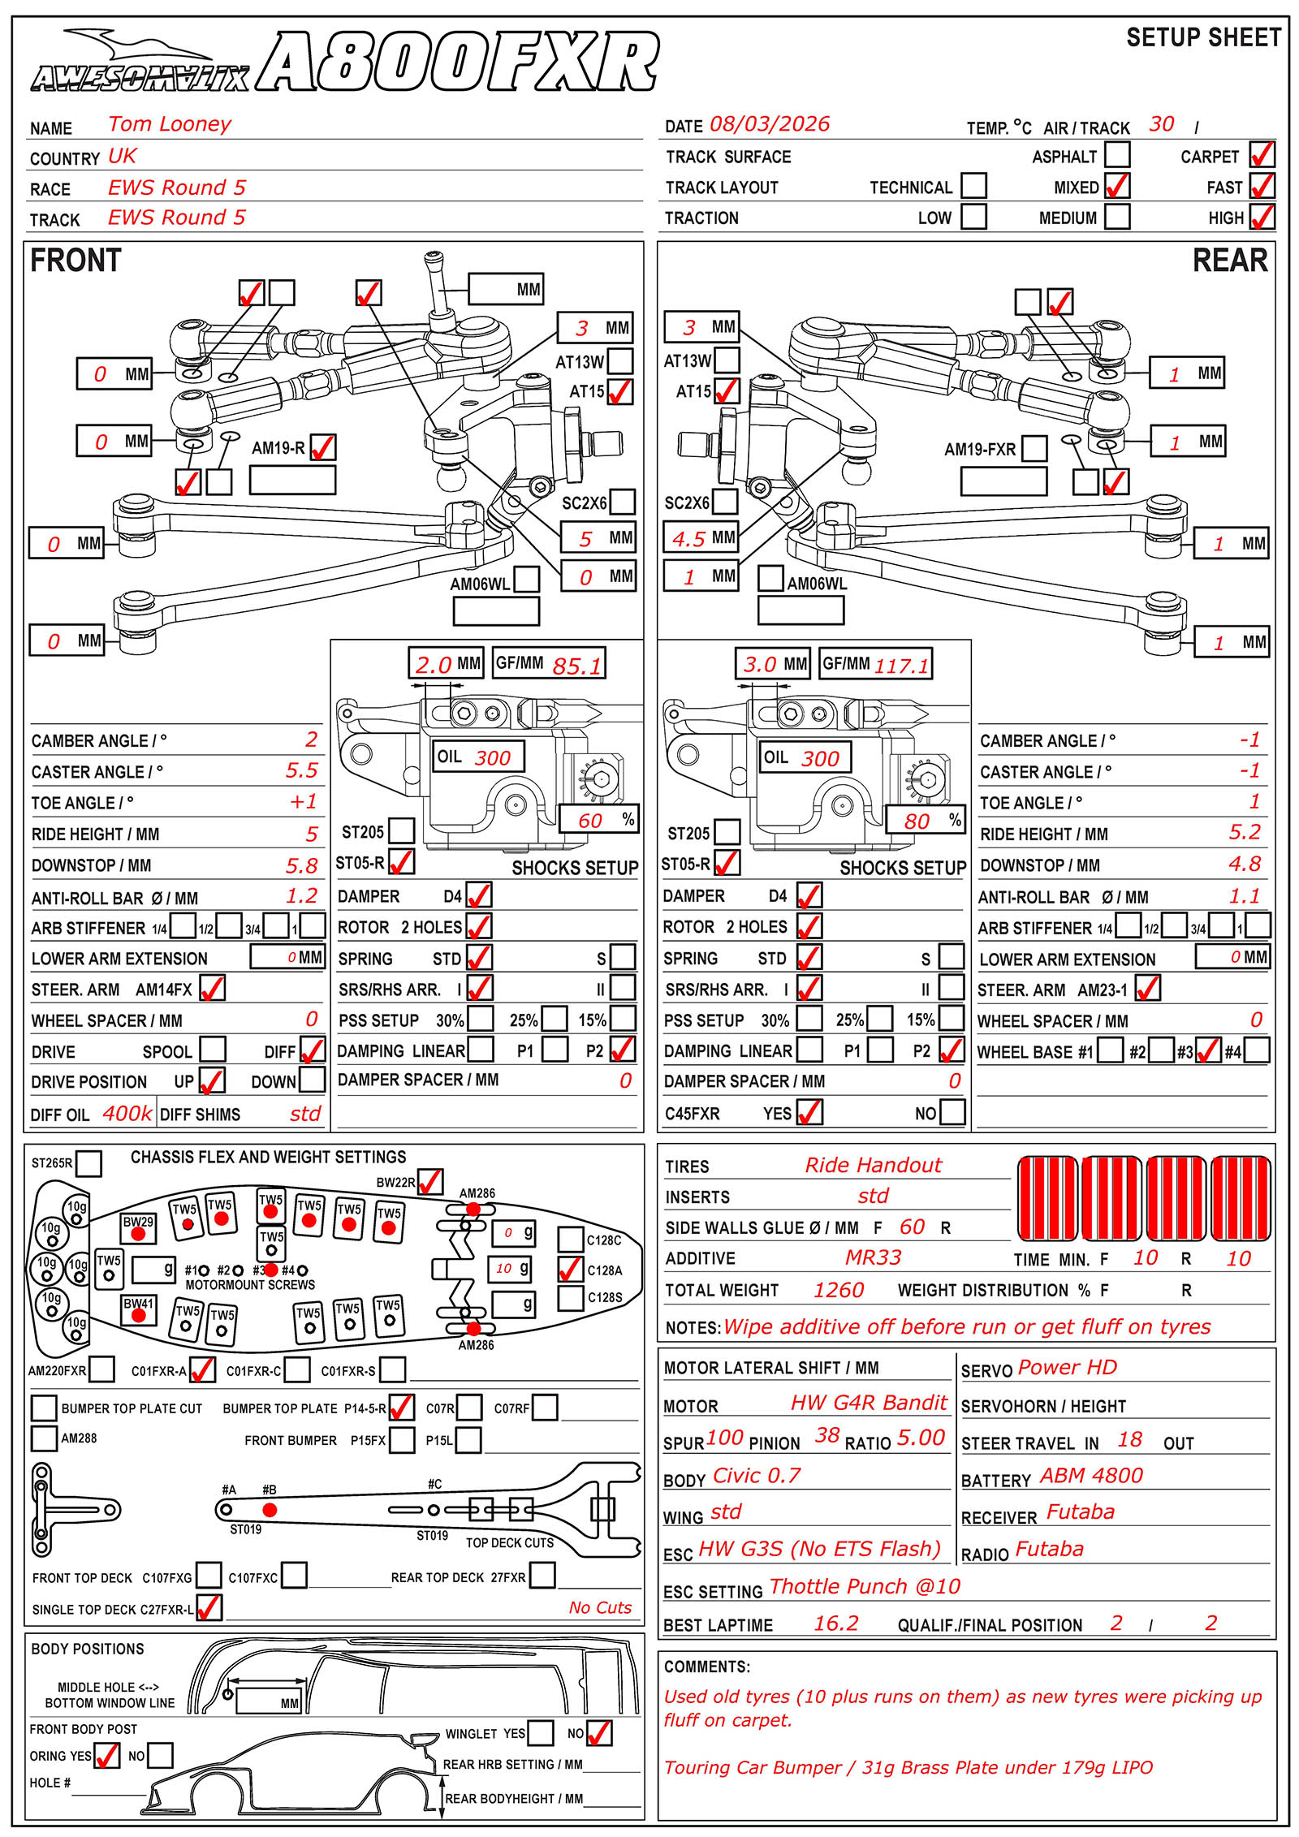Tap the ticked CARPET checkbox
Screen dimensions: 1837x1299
[1262, 154]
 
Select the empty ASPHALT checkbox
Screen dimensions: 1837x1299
[1117, 154]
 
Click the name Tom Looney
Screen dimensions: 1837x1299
[170, 124]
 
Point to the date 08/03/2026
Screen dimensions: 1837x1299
[770, 124]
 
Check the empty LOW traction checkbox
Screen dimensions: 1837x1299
[973, 217]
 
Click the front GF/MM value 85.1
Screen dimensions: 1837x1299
[577, 666]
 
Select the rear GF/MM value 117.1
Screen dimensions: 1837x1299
[901, 666]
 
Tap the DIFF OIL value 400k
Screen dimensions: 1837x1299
[127, 1113]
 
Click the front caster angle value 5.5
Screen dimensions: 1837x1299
[301, 770]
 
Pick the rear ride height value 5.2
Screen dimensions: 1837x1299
[1245, 832]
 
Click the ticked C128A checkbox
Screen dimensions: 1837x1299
[571, 1269]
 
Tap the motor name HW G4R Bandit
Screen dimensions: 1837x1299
[869, 1402]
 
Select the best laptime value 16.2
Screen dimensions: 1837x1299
[836, 1623]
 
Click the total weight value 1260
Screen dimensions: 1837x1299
[839, 1290]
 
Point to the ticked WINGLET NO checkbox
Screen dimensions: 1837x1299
[599, 1732]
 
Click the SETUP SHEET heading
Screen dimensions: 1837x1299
[1203, 37]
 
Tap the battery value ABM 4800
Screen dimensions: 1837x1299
[1092, 1475]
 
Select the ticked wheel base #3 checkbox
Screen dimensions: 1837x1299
[1209, 1051]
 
